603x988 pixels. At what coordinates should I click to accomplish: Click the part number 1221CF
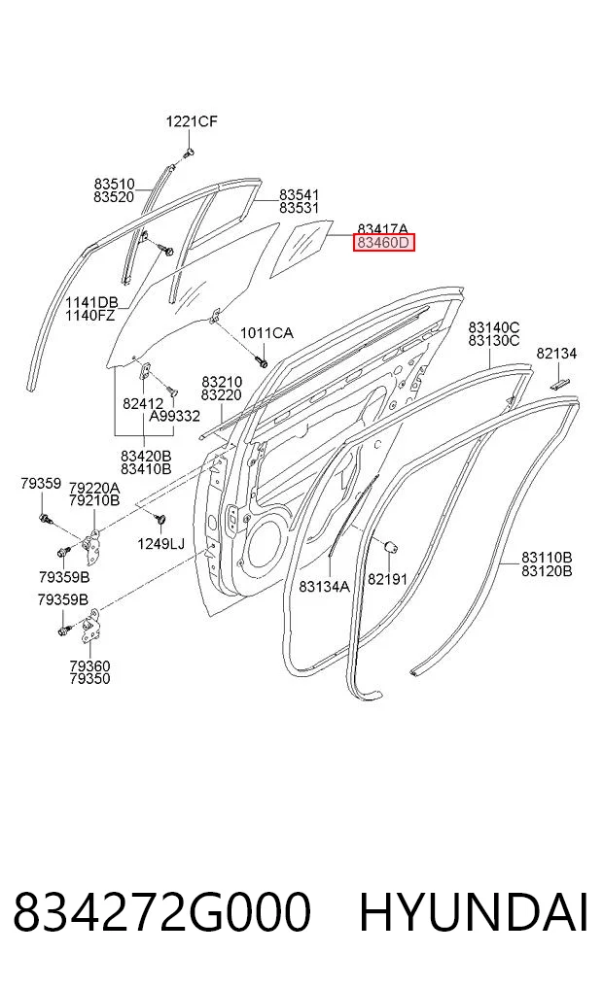point(192,121)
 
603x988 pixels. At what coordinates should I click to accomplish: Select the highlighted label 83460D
point(384,242)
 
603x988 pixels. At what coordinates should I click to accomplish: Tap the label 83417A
point(382,228)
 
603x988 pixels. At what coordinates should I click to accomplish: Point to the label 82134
point(556,354)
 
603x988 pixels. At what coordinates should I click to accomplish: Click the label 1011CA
point(266,332)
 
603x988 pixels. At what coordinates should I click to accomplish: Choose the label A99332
point(175,416)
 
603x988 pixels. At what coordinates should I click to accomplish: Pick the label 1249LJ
point(161,543)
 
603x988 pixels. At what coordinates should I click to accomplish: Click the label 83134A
point(324,587)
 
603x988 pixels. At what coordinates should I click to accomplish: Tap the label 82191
point(387,578)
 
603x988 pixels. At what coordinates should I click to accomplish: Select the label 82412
point(143,403)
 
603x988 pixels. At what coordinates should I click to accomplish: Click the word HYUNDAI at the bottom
point(474,912)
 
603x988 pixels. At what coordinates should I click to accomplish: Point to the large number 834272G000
point(162,912)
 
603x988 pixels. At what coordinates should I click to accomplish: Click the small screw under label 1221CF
point(189,152)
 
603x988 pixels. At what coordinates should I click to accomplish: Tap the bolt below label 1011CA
point(261,361)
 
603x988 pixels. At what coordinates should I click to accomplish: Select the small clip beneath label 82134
point(560,382)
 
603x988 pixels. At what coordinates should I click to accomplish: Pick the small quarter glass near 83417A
point(302,249)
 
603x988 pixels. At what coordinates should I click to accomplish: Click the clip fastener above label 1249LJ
point(159,519)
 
